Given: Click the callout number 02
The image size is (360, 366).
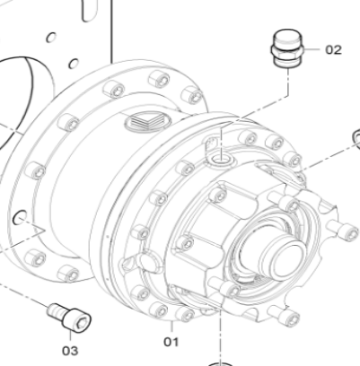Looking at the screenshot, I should click(x=333, y=49).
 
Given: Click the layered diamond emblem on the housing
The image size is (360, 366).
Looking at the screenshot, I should click(x=145, y=124).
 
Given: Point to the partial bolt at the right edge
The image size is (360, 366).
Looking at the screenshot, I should click(x=356, y=137).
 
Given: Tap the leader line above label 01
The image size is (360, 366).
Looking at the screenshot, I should click(x=170, y=325).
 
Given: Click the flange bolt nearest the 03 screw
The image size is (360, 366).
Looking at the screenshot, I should click(x=66, y=273).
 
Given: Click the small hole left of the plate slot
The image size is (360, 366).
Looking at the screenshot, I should click(x=51, y=37).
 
